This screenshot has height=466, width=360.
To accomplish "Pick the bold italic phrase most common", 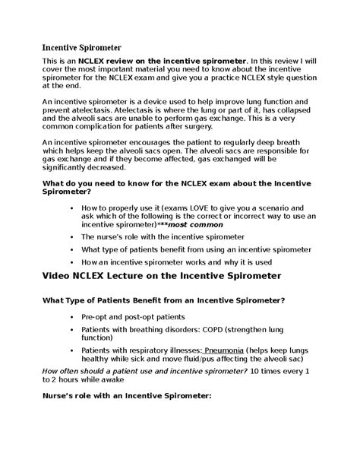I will [199, 225].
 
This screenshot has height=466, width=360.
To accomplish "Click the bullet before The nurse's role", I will [71, 237].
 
